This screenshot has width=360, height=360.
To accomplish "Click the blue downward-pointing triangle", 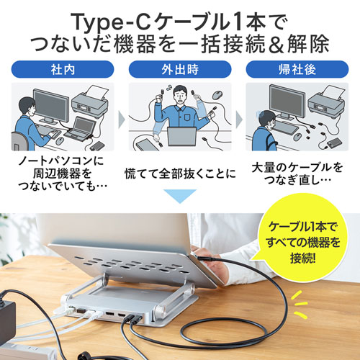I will coord(180,197).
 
